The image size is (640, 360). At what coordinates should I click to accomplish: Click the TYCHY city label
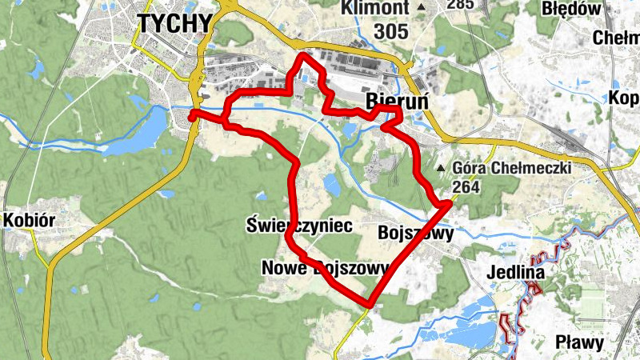[175, 23]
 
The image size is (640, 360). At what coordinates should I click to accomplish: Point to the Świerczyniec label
[299, 226]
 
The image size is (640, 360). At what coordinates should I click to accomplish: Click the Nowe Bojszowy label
[325, 268]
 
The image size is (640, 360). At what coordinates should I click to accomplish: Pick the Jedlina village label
[515, 274]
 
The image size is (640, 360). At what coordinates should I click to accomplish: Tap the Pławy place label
[579, 342]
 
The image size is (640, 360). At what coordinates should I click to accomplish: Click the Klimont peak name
[375, 8]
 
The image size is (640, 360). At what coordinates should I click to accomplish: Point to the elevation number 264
[466, 186]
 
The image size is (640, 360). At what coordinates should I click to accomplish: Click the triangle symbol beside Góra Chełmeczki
[441, 169]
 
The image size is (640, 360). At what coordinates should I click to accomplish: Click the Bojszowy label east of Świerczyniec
[415, 234]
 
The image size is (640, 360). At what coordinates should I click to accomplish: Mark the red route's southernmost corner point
[369, 305]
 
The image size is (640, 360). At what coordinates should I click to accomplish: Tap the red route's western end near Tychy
[192, 117]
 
